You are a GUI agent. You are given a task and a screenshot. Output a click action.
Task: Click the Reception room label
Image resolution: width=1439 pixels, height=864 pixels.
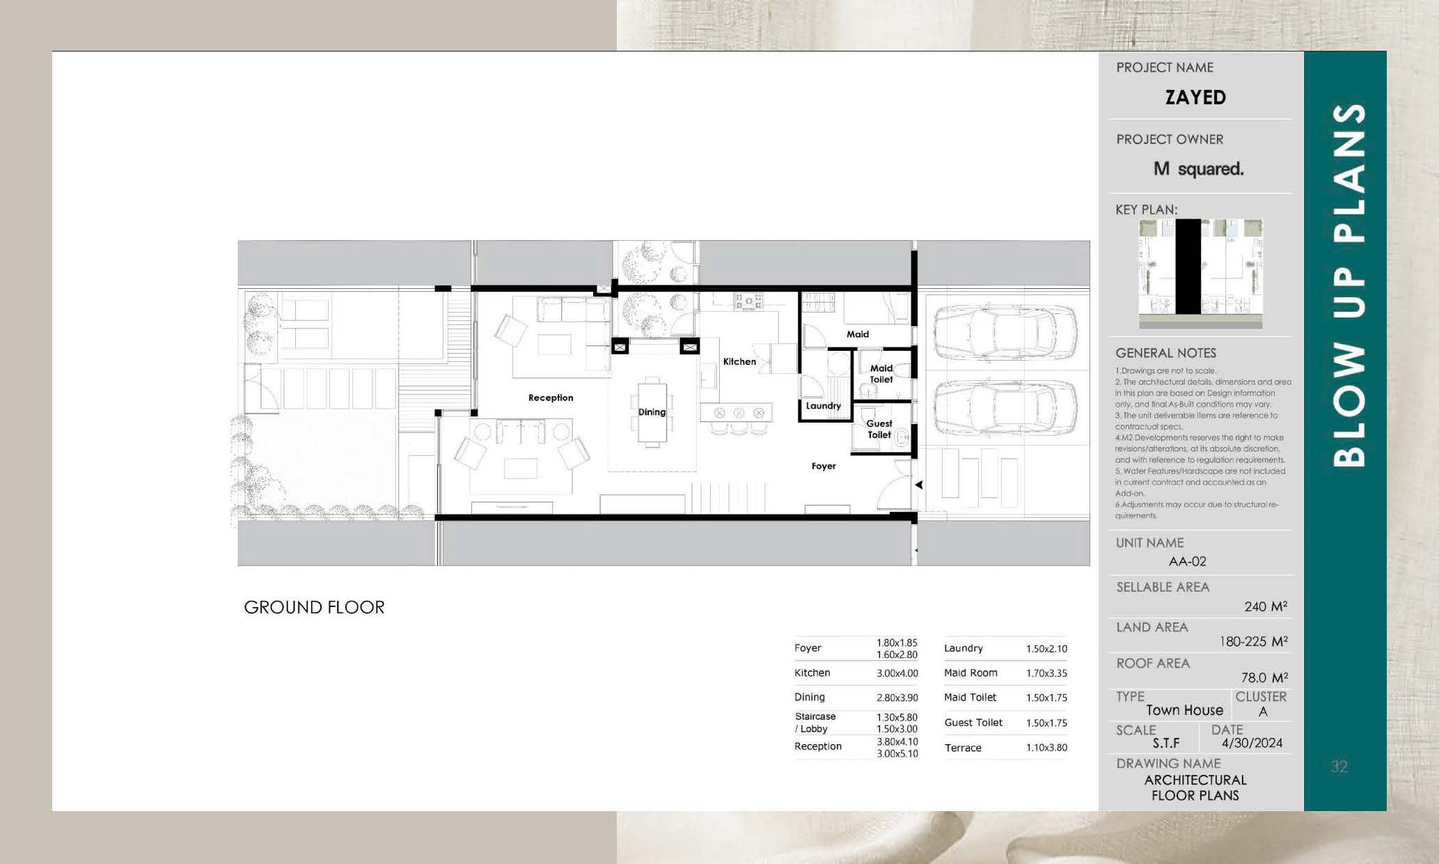(551, 398)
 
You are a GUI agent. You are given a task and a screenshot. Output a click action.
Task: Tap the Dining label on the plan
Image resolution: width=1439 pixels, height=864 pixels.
(652, 412)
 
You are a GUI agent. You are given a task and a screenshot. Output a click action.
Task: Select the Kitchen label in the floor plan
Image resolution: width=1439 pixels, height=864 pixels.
(739, 361)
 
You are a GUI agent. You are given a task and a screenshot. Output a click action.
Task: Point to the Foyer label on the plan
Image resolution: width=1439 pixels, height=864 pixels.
(824, 466)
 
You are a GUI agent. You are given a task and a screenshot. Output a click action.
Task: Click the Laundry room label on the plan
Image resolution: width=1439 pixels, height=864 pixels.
(824, 406)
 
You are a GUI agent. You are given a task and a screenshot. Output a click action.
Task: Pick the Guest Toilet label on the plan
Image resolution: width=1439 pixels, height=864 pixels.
(879, 429)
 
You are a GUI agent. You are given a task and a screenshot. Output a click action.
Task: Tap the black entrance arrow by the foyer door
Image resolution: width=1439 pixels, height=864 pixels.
(919, 485)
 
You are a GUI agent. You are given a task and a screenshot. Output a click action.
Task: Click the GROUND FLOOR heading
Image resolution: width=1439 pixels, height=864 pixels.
(314, 607)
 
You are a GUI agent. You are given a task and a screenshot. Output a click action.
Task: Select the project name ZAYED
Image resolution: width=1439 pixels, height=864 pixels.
(1195, 97)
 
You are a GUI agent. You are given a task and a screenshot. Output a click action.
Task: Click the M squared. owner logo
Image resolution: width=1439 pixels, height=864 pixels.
(1198, 168)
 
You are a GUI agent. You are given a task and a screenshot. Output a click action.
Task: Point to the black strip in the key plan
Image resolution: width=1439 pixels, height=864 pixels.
(1188, 267)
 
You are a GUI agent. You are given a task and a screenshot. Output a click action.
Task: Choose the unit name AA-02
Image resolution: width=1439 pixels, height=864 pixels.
(1187, 561)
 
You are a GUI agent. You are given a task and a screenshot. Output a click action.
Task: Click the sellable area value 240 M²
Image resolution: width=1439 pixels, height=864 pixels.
(1266, 606)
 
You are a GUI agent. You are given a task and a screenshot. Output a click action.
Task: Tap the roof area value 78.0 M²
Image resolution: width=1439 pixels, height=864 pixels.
(1264, 677)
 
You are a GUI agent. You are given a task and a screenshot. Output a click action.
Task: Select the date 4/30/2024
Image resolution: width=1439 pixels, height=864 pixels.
(1252, 743)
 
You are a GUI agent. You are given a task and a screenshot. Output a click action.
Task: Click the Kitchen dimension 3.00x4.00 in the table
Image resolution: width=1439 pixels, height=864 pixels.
(897, 673)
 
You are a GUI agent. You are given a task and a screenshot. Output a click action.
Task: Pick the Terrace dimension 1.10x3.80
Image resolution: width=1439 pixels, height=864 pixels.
(1046, 748)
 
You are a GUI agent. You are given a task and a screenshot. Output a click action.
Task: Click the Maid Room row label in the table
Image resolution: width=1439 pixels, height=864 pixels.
(970, 673)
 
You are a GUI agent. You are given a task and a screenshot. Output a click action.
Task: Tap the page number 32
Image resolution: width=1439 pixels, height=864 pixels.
(1339, 767)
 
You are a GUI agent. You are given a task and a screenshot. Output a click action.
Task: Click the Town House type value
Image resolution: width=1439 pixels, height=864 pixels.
(1184, 710)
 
